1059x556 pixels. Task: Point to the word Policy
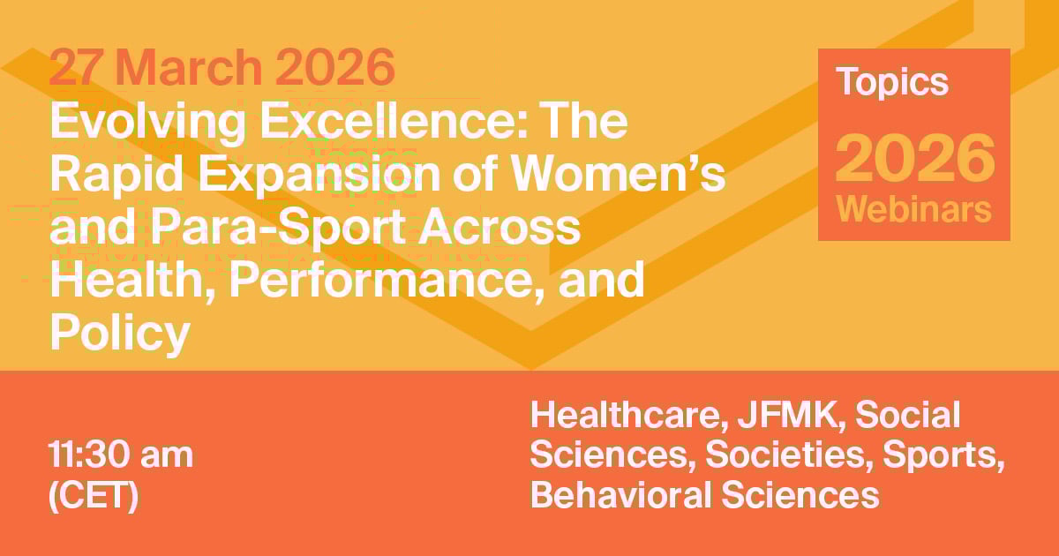(120, 334)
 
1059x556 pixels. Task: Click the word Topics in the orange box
(892, 82)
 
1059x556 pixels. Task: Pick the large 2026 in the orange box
(914, 156)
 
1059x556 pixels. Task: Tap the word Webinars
(914, 210)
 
